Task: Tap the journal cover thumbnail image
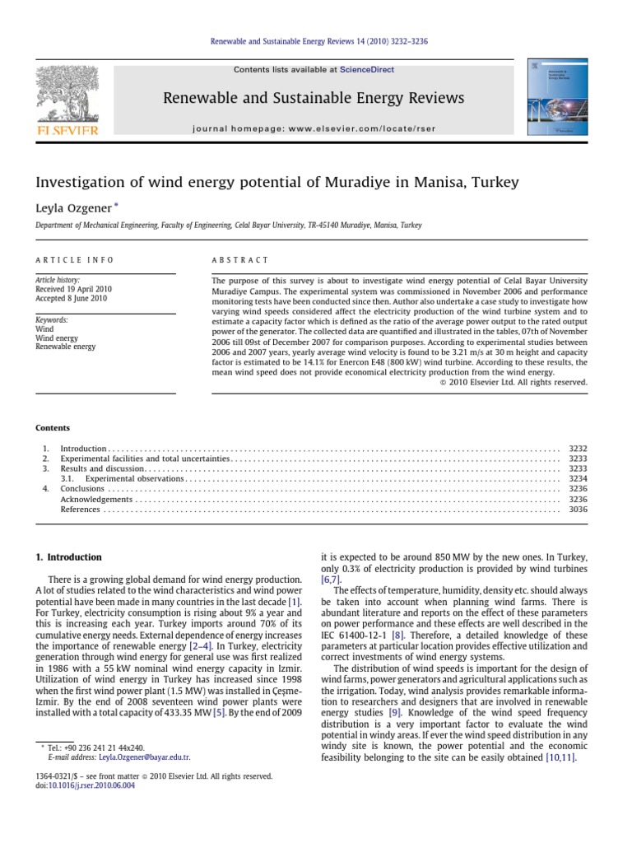[x=558, y=97]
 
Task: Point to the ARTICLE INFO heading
[x=74, y=259]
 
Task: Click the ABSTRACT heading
[x=240, y=259]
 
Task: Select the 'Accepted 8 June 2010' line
[x=72, y=300]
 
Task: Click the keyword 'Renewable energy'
[x=66, y=347]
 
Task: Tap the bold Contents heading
[x=53, y=428]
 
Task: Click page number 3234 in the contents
[x=578, y=478]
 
